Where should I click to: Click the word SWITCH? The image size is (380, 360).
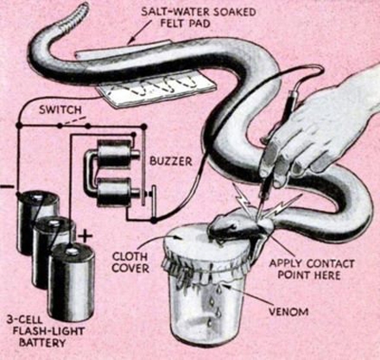[x=60, y=110]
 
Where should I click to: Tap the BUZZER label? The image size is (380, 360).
[x=171, y=161]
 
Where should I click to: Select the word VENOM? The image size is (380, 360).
[x=288, y=312]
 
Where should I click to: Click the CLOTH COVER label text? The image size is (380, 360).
[x=130, y=262]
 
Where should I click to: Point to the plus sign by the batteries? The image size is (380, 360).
[x=85, y=237]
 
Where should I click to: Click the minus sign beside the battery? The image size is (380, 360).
[x=7, y=186]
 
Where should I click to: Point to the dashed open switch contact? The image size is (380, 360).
[x=74, y=121]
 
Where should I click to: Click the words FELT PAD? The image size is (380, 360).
[x=185, y=23]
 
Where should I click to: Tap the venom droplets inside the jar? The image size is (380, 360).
[x=215, y=302]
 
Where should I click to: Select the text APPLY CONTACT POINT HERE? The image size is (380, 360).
[x=311, y=269]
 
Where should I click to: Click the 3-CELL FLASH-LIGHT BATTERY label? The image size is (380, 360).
[x=46, y=332]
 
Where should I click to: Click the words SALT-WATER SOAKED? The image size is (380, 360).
[x=199, y=12]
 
